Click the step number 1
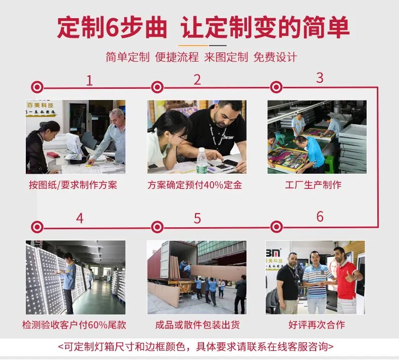click(89, 81)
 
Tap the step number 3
click(320, 78)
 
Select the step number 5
click(197, 219)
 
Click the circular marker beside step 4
click(37, 227)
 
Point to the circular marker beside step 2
click(157, 87)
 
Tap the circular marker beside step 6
click(276, 227)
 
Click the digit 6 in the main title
click(112, 27)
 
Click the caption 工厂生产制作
click(313, 185)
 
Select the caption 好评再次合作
click(317, 325)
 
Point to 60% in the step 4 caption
click(98, 325)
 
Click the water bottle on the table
click(202, 161)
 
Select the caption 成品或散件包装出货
click(197, 325)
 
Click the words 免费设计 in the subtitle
click(275, 57)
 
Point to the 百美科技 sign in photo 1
click(40, 105)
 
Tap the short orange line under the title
click(193, 45)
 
